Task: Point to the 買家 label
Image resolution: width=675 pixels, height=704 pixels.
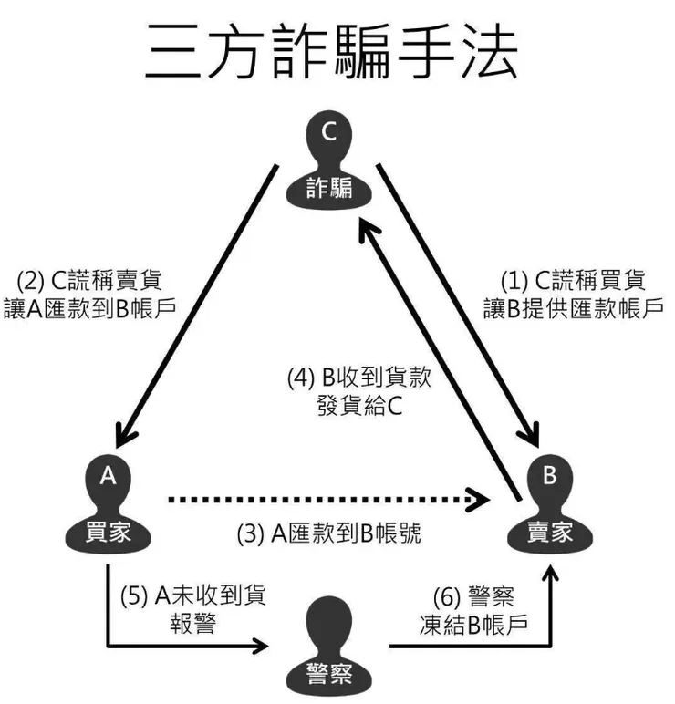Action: [109, 532]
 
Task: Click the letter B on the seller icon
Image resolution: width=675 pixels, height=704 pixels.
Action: [549, 473]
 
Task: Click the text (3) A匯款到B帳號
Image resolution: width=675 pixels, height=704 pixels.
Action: [329, 535]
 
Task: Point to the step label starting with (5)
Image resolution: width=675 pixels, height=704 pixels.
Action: [192, 610]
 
